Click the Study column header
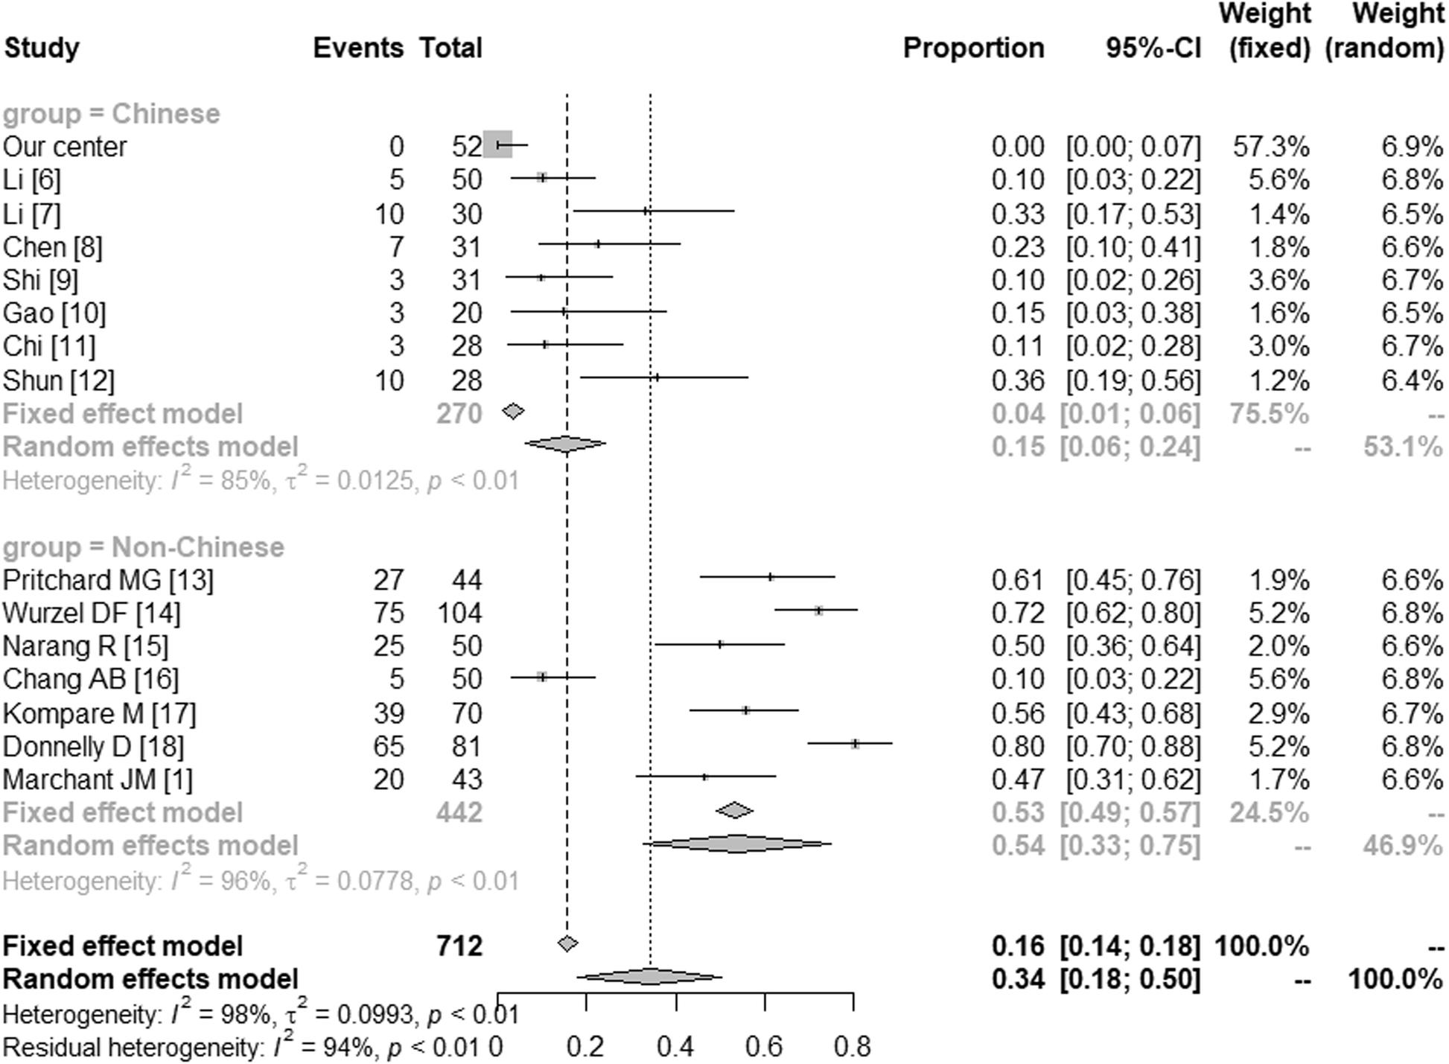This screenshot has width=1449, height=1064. pos(42,48)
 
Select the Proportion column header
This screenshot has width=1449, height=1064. pos(973,48)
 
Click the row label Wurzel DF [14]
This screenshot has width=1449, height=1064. pos(92,614)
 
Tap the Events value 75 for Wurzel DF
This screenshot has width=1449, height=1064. pos(389,614)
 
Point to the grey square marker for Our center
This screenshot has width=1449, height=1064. pos(497,144)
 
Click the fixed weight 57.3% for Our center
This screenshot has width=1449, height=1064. pos(1270,147)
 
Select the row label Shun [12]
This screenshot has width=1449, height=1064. pos(59,381)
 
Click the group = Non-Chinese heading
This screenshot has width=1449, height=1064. pos(143,547)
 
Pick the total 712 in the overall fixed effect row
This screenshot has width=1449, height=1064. pos(459,946)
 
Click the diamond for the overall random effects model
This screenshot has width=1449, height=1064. pos(649,977)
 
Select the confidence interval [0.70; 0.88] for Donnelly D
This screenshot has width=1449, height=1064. pos(1133,747)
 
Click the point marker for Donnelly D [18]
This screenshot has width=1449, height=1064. pos(855,743)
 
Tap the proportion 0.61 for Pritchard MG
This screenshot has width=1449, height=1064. pos(1018,580)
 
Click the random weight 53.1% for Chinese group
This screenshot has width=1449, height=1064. pos(1402,447)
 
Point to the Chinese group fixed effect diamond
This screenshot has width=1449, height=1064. pos(513,411)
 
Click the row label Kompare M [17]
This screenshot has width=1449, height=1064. pos(99,714)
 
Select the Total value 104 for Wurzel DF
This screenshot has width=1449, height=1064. pos(459,614)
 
